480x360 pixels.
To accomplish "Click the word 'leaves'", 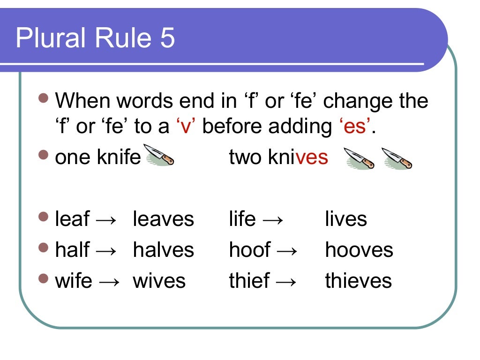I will [163, 219].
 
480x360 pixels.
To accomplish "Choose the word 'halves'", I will [163, 250].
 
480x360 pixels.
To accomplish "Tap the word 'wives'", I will [159, 281].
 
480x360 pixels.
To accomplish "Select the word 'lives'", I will [346, 219].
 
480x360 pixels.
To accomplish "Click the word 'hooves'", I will [359, 250].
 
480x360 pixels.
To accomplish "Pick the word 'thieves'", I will [358, 281].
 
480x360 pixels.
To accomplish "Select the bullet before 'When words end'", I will [44, 99].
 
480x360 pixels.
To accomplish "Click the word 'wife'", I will [74, 281].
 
